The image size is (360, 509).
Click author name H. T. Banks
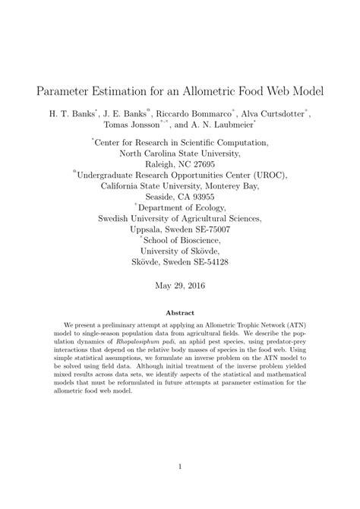coord(71,112)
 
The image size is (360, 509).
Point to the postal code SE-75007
coord(210,229)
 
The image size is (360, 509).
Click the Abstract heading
coord(180,312)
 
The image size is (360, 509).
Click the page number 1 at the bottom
coord(180,466)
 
